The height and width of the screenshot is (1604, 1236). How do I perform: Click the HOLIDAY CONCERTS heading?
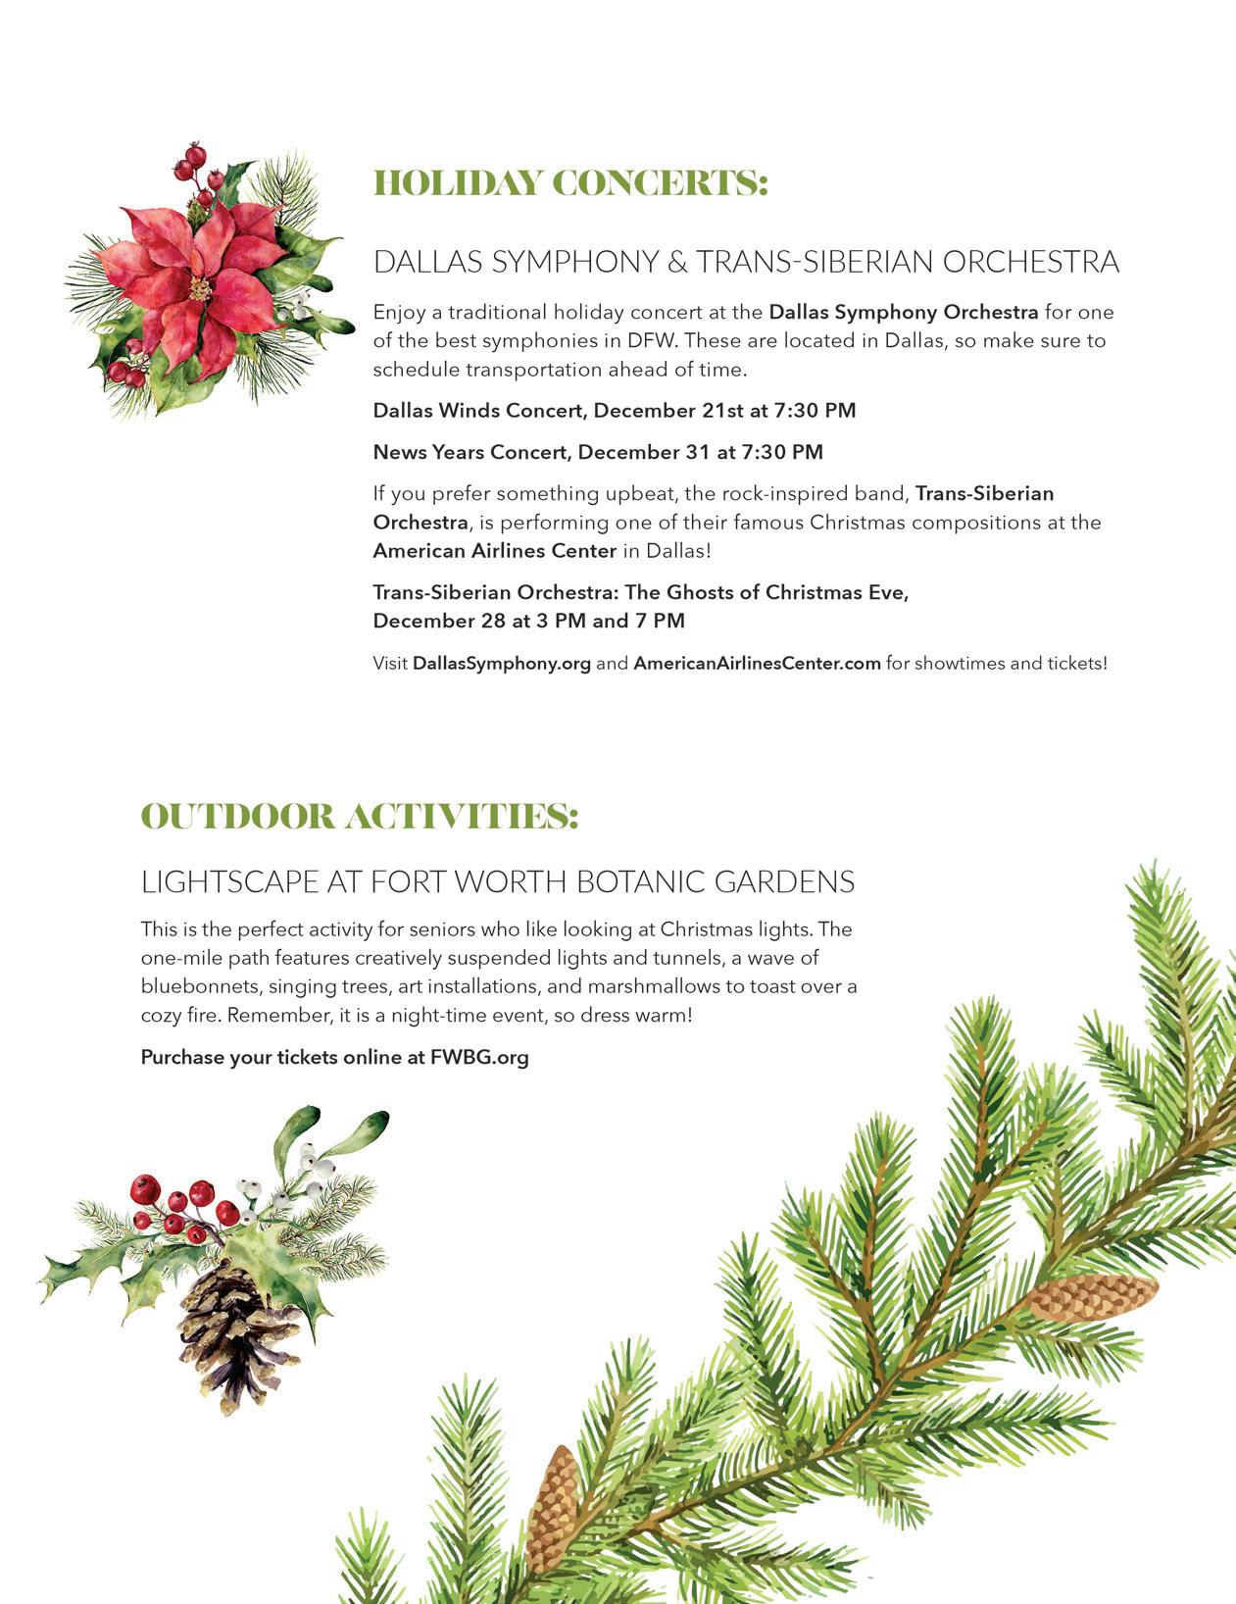click(x=570, y=184)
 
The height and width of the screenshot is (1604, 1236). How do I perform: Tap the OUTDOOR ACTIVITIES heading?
click(x=360, y=817)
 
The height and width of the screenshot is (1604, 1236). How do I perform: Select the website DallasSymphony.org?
click(x=502, y=664)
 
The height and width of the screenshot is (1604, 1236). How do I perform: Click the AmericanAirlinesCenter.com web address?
click(x=757, y=664)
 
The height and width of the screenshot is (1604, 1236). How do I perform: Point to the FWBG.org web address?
click(x=479, y=1058)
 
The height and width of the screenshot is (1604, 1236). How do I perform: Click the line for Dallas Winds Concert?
click(x=614, y=411)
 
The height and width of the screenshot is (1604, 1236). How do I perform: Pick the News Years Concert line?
click(x=597, y=453)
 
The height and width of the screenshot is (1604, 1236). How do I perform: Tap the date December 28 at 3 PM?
click(x=479, y=622)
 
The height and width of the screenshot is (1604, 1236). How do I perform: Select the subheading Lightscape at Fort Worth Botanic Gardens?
click(x=497, y=882)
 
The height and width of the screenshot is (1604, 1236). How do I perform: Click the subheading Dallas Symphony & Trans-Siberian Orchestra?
click(x=745, y=263)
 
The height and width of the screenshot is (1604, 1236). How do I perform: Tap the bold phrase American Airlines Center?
click(x=494, y=551)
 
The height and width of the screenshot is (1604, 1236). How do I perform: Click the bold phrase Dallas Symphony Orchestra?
click(x=903, y=313)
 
